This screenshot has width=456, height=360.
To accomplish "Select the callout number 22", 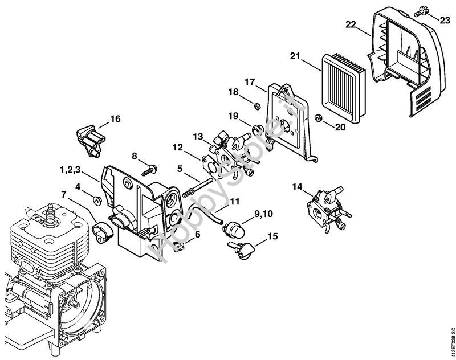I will point(351,24).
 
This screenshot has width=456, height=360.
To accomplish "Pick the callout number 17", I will point(250,82).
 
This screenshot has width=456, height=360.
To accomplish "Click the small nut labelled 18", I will point(256,105).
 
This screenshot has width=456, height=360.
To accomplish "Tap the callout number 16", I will point(115,119).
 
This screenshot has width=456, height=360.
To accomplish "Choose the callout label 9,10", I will point(264,214).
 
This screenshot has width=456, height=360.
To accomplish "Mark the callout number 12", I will point(177,146).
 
